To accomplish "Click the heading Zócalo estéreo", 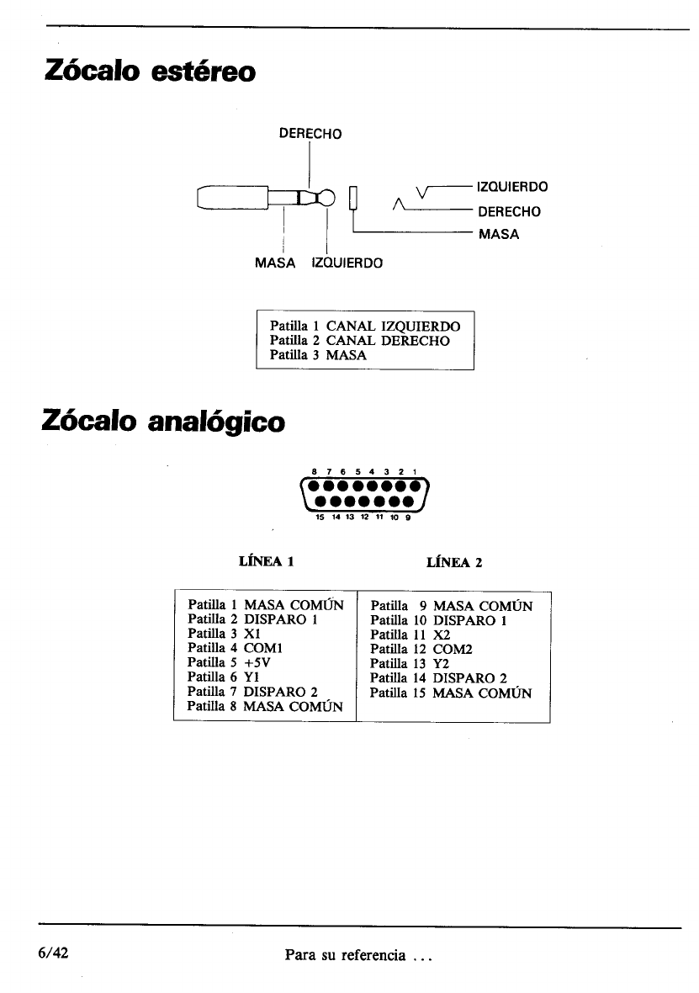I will (148, 71).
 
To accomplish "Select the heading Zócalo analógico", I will (163, 420).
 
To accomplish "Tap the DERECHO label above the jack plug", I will (310, 133).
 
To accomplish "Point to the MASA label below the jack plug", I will (275, 263).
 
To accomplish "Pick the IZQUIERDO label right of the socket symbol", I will (512, 186).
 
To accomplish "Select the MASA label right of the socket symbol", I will (499, 234).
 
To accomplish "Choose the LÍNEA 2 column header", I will (455, 562).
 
